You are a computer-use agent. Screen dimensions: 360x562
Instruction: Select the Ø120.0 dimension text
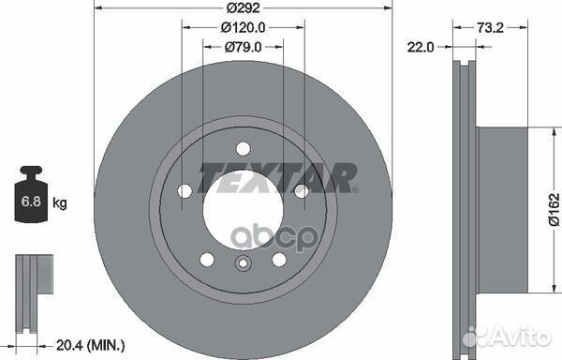[241, 27]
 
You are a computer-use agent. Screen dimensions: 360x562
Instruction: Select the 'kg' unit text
[61, 202]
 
